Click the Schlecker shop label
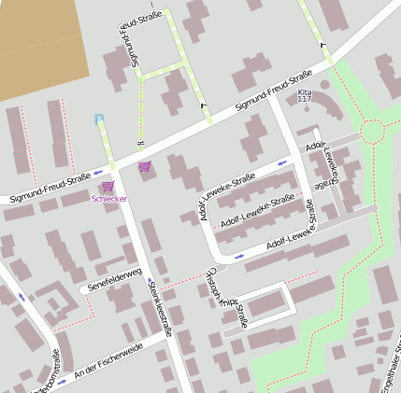110,199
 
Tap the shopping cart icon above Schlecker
108,187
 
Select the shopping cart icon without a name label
144,167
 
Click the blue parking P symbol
99,119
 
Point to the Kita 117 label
304,98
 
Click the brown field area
37,47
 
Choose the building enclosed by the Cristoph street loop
265,302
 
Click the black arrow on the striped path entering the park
323,44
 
